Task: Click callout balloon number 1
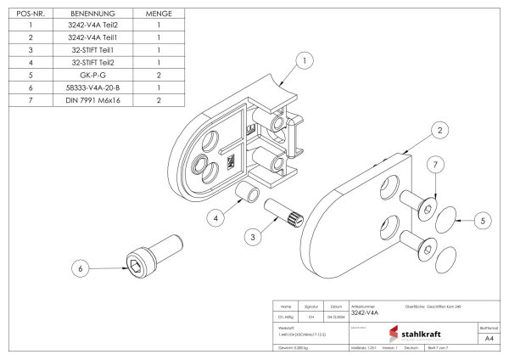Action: [304, 60]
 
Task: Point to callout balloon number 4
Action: [216, 218]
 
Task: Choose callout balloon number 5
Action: [482, 220]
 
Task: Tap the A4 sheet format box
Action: [489, 338]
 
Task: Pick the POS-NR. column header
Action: [31, 14]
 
